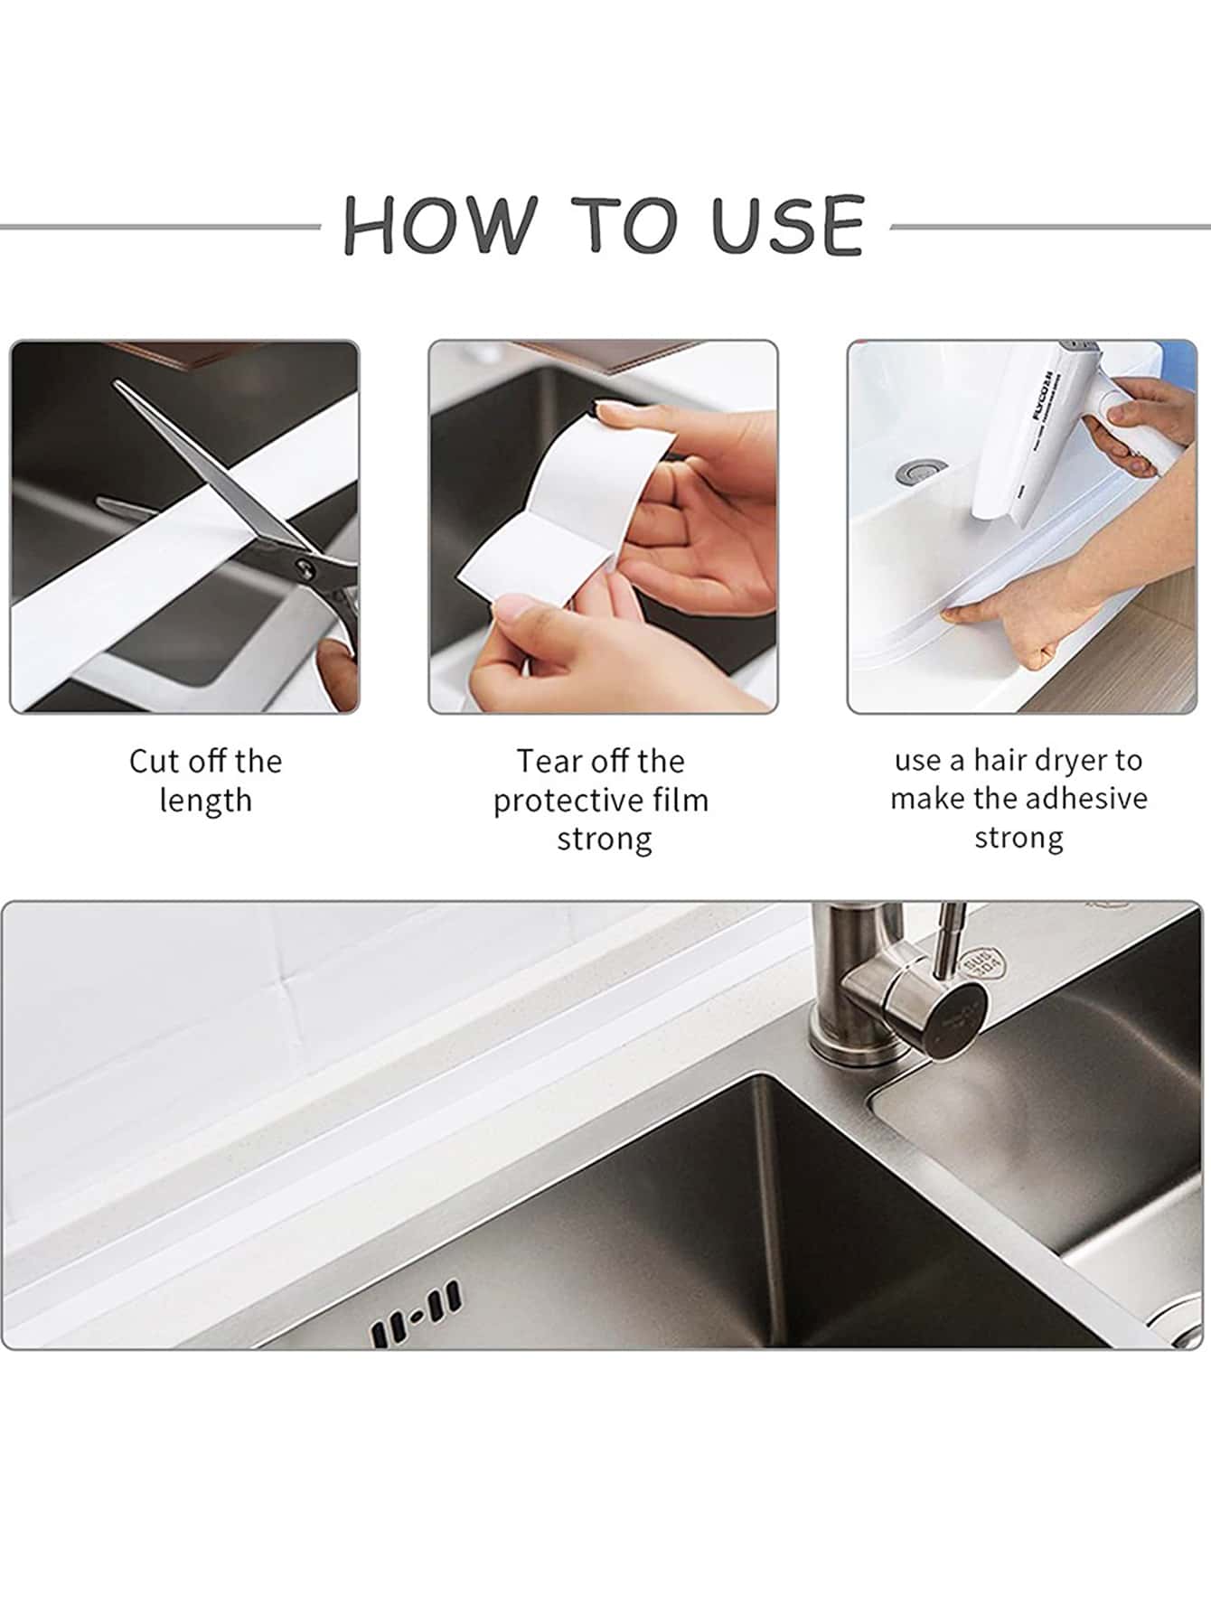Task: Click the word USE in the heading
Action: pos(787,224)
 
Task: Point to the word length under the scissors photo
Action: pos(205,802)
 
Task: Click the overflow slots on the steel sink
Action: pos(415,1313)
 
